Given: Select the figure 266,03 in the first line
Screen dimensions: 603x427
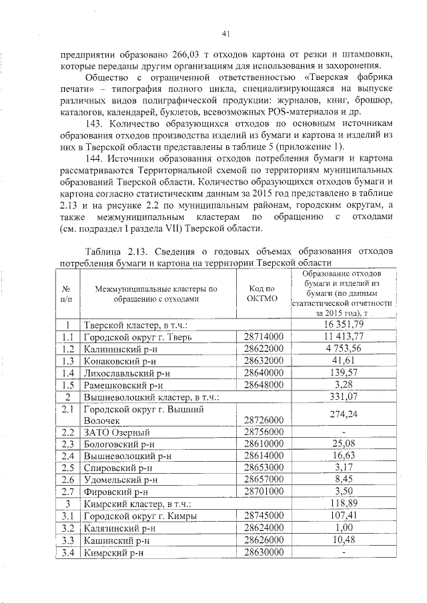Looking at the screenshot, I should coord(190,53).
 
